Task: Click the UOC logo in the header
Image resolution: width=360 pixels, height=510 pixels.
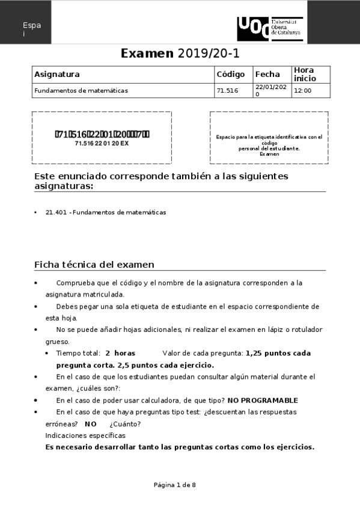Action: pyautogui.click(x=270, y=28)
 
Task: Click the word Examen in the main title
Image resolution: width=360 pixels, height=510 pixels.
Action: pyautogui.click(x=147, y=54)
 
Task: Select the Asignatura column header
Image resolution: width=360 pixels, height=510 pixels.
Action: pyautogui.click(x=57, y=75)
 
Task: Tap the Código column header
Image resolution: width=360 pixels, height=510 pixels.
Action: pyautogui.click(x=231, y=75)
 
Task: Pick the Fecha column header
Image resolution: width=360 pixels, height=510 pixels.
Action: pyautogui.click(x=267, y=75)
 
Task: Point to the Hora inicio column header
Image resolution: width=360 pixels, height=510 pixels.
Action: pyautogui.click(x=304, y=75)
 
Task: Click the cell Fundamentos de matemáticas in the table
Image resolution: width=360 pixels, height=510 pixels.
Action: pyautogui.click(x=81, y=91)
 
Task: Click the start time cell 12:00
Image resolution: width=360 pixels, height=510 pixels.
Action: pyautogui.click(x=303, y=91)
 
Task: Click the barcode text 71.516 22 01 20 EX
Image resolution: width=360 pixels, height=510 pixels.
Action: pyautogui.click(x=102, y=144)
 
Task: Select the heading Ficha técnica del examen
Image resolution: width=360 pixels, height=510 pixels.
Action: pyautogui.click(x=94, y=265)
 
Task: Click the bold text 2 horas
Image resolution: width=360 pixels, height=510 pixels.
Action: pyautogui.click(x=120, y=353)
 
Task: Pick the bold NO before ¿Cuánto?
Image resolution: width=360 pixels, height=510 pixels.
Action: pyautogui.click(x=91, y=423)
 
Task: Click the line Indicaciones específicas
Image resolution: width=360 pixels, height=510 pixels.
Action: pyautogui.click(x=85, y=435)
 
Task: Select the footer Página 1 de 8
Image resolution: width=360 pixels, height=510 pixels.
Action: pyautogui.click(x=175, y=485)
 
